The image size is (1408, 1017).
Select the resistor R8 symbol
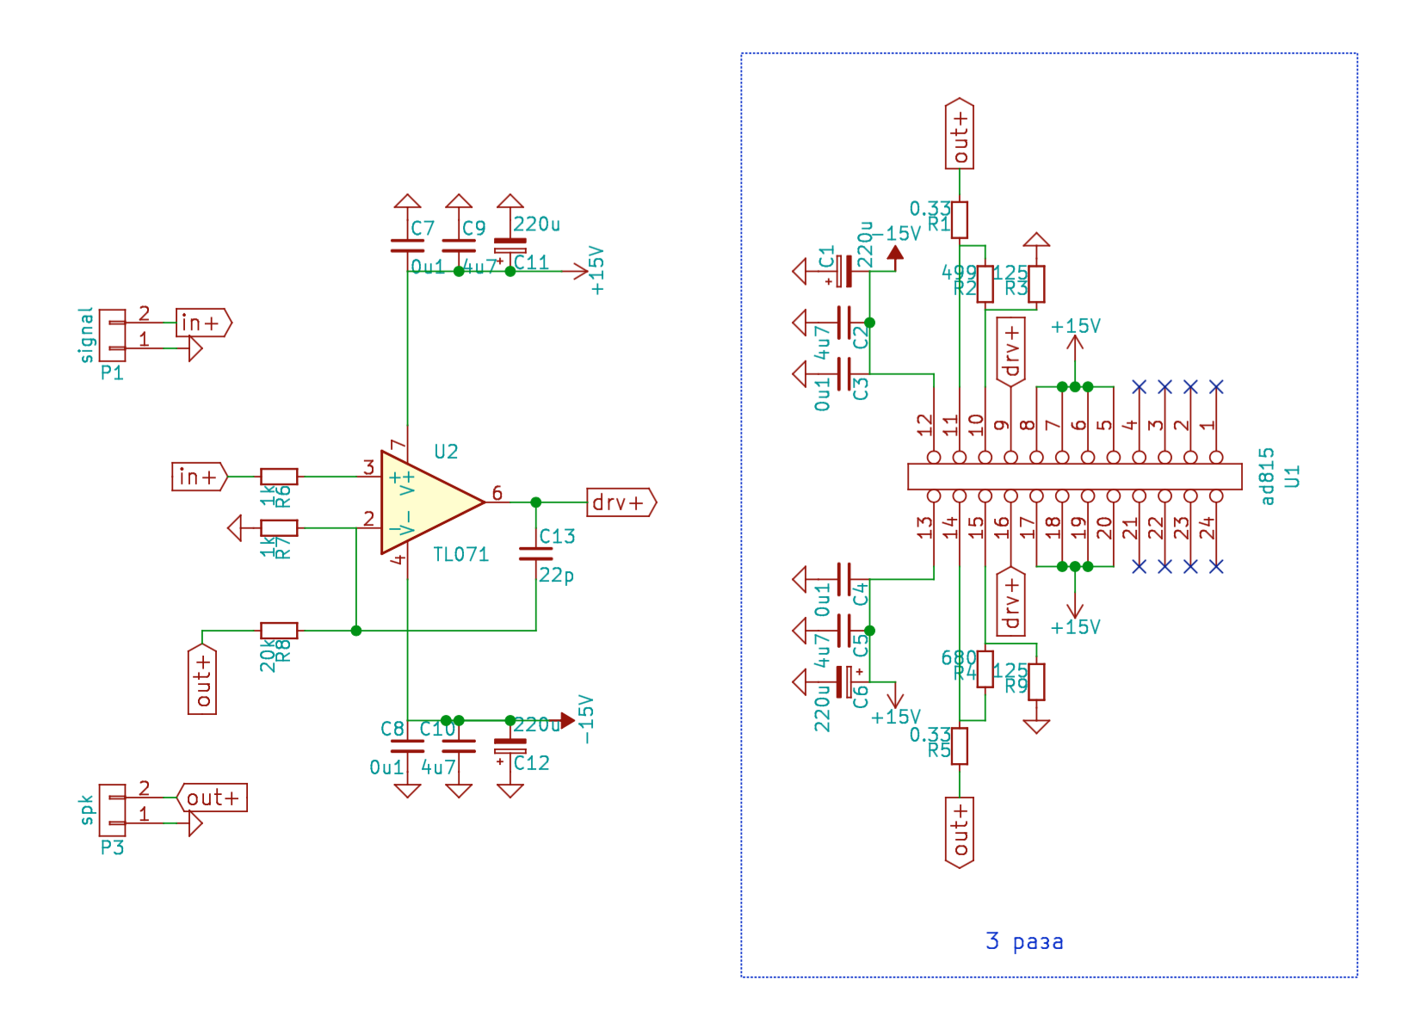[279, 631]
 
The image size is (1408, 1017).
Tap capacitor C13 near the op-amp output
[536, 553]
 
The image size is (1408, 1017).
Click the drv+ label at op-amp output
[621, 502]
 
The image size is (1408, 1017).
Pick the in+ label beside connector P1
[203, 323]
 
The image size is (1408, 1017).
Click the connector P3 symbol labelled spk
[113, 810]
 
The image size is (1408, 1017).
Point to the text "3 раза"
[1024, 941]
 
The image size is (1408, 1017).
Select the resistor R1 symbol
[960, 219]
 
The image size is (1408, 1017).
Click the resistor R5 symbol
[960, 746]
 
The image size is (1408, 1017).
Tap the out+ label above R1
[960, 134]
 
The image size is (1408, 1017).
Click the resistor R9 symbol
[1037, 681]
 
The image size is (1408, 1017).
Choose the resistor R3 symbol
[1037, 284]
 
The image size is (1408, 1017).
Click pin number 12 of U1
[925, 425]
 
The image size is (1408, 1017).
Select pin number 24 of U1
[1207, 527]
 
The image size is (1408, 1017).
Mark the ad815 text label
[1267, 476]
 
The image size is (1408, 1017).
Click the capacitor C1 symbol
[845, 271]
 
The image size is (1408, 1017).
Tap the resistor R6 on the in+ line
[279, 476]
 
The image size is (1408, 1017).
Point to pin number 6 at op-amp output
[497, 493]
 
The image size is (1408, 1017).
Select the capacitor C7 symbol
[407, 245]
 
